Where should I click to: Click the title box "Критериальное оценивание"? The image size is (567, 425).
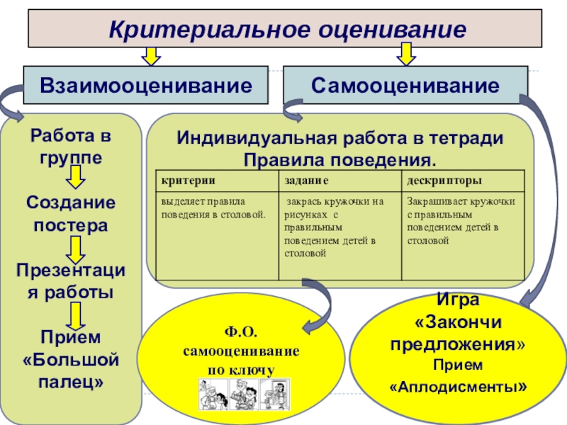[286, 30]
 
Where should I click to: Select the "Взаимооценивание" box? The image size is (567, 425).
[146, 86]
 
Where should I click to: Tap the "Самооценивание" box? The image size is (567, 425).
[405, 86]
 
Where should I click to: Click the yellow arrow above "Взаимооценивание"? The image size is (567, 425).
[150, 56]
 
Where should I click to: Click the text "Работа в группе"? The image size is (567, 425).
[70, 146]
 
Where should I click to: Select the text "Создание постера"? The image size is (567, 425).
[70, 214]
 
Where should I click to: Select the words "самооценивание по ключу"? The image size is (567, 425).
[241, 360]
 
